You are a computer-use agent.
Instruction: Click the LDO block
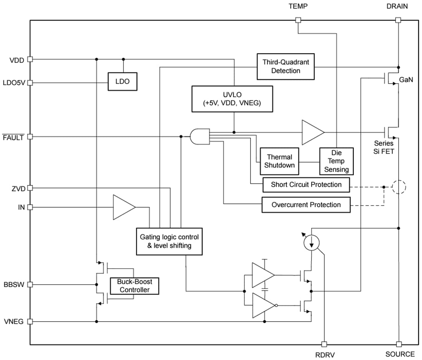[122, 82]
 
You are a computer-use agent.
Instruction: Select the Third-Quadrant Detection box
[285, 66]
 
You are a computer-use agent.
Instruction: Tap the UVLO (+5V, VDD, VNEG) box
[232, 99]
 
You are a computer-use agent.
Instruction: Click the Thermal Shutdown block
[279, 161]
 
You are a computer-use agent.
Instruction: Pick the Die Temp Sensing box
[336, 161]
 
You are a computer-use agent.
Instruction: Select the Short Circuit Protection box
[306, 185]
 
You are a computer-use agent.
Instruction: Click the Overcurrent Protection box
[306, 205]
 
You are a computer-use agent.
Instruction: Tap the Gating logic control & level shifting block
[169, 241]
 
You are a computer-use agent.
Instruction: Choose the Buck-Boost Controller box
[134, 286]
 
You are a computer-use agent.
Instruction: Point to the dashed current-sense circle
[399, 187]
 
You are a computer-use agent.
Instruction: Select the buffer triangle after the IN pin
[123, 207]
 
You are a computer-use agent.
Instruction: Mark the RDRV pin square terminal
[324, 344]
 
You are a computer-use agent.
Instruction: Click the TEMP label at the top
[298, 7]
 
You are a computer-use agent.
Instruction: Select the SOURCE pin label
[400, 354]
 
